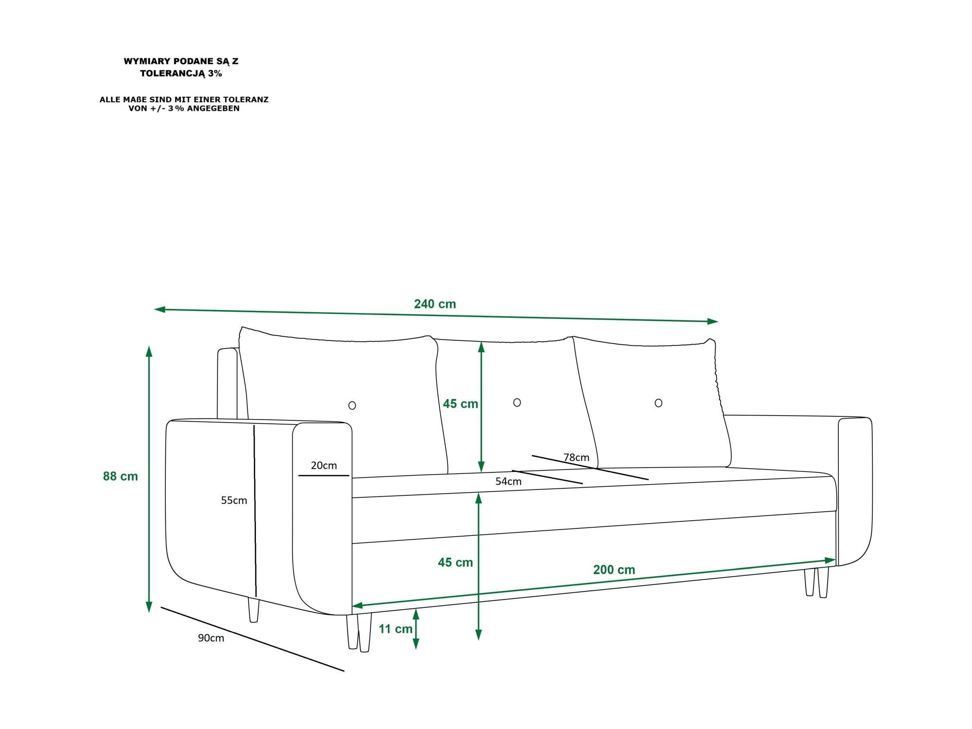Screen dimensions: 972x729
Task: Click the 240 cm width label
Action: tap(435, 304)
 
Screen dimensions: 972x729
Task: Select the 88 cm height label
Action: tap(121, 476)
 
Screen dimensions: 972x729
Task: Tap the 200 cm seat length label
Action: tap(614, 570)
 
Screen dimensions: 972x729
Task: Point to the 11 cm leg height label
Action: tap(396, 629)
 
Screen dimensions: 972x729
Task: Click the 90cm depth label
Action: tap(211, 638)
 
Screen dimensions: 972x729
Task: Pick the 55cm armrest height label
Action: tap(234, 501)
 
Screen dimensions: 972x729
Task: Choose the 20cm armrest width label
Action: tap(324, 465)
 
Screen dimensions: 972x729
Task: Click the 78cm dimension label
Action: tap(576, 457)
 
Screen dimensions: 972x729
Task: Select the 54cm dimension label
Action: tap(508, 481)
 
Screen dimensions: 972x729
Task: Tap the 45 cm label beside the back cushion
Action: tap(460, 404)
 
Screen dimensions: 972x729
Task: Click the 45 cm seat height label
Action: tap(455, 562)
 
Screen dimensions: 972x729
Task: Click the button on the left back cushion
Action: tap(352, 406)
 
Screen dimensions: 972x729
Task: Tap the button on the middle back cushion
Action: tap(517, 403)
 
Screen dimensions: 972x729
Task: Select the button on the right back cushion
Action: tap(658, 403)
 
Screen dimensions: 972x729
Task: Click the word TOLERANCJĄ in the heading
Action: tap(172, 74)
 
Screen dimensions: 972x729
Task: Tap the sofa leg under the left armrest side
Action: tap(253, 610)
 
